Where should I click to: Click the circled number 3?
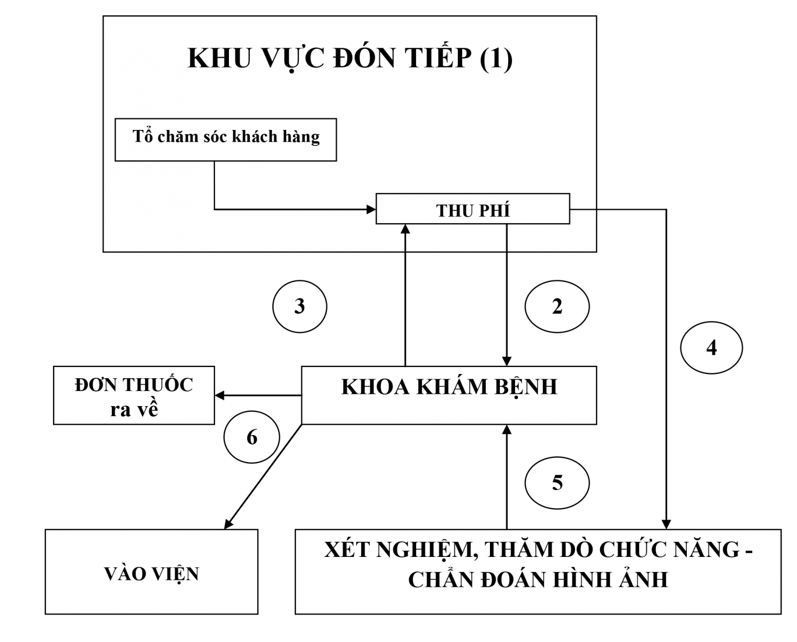pyautogui.click(x=300, y=307)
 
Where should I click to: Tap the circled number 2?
pyautogui.click(x=557, y=307)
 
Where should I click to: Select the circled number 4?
pyautogui.click(x=711, y=348)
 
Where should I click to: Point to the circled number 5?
pyautogui.click(x=557, y=483)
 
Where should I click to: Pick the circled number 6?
pyautogui.click(x=252, y=438)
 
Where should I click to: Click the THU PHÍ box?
pyautogui.click(x=473, y=209)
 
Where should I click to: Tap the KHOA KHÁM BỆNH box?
pyautogui.click(x=449, y=395)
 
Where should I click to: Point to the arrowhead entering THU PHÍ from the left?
pyautogui.click(x=371, y=210)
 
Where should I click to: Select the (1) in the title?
pyautogui.click(x=496, y=59)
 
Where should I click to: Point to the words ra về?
pyautogui.click(x=134, y=409)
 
